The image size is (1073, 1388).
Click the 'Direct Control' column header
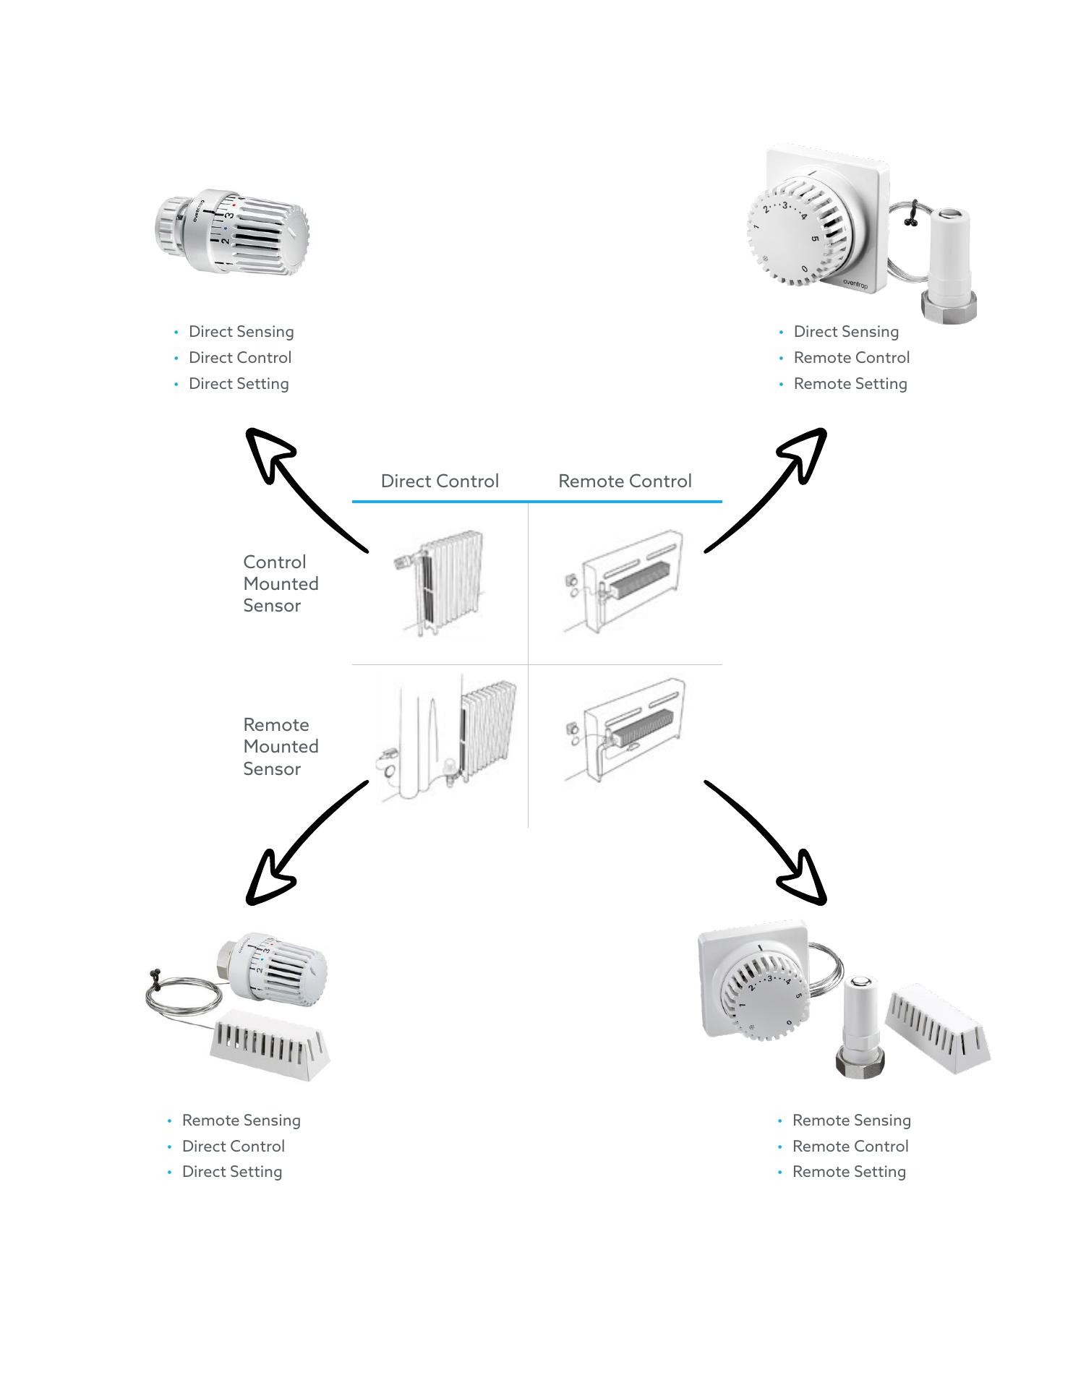pos(440,481)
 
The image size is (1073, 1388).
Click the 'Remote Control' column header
pos(625,481)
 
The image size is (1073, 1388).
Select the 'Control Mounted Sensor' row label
pos(281,584)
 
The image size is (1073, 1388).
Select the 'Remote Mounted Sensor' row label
pos(281,747)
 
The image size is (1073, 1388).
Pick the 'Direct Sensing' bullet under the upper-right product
pos(846,332)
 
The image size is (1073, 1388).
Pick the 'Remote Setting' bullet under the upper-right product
pos(850,384)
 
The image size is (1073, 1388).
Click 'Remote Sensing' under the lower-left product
pos(241,1121)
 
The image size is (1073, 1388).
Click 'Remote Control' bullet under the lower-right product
pos(850,1147)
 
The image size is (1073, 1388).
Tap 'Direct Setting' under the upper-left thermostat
pos(239,384)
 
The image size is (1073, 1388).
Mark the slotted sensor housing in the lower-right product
pos(939,1027)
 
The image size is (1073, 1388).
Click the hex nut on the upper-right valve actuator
pos(949,306)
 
